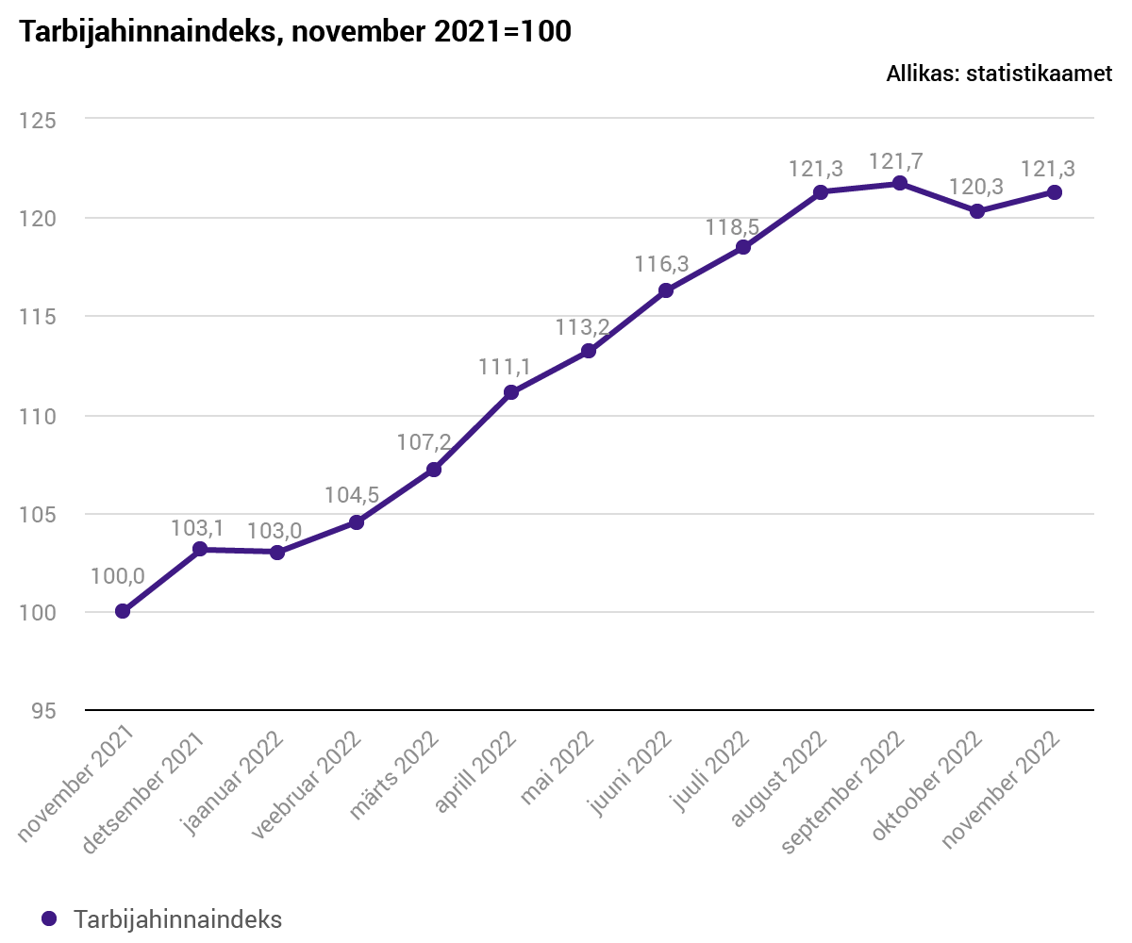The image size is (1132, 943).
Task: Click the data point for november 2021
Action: (x=123, y=611)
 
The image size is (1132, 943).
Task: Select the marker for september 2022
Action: (x=900, y=183)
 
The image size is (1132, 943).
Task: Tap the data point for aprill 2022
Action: (x=511, y=392)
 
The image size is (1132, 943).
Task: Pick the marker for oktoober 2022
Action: (x=977, y=211)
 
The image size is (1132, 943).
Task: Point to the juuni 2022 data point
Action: (x=666, y=290)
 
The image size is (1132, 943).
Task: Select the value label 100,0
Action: (x=118, y=576)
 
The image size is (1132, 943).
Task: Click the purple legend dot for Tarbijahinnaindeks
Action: (x=50, y=918)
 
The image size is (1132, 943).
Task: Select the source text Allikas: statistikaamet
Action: (x=999, y=74)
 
